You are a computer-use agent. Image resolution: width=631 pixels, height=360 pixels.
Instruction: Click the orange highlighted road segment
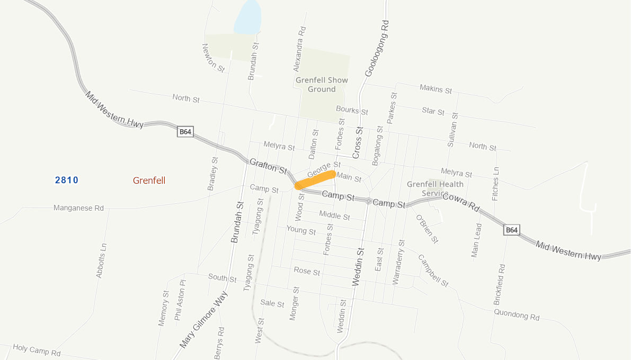coord(315,179)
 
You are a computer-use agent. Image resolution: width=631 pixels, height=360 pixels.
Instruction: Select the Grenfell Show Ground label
coord(322,85)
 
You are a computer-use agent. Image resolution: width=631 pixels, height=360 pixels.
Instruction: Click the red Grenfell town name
coord(149,181)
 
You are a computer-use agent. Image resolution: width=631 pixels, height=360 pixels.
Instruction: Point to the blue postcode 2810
coord(66,181)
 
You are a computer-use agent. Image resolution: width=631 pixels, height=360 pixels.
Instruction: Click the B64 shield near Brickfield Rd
coord(511,230)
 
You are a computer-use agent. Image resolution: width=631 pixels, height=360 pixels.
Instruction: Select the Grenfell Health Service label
coord(435,188)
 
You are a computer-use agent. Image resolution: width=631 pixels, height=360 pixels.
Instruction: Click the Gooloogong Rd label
coord(376,48)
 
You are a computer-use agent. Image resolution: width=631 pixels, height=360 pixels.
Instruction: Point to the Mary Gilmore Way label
coord(203,319)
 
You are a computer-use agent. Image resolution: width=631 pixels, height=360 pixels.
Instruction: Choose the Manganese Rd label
coord(78,208)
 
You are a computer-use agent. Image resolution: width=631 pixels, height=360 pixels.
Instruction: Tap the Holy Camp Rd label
coord(37,350)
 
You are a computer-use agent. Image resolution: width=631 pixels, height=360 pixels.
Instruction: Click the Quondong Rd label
coord(516,314)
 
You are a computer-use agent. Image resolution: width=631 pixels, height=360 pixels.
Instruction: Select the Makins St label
coord(436,88)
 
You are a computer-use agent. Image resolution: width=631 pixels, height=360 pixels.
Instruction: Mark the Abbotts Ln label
coord(101,260)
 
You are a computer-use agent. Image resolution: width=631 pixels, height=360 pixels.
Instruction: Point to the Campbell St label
coord(433,271)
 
